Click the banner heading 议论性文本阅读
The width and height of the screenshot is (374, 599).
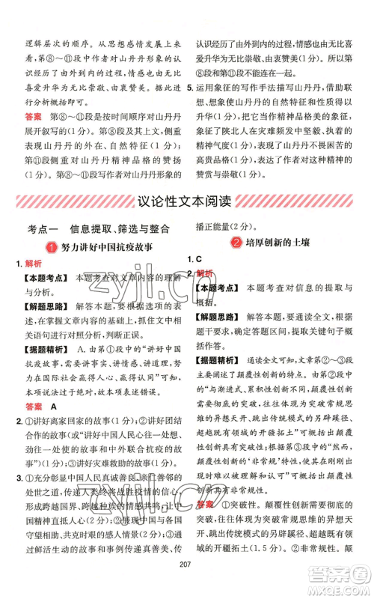pos(186,201)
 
